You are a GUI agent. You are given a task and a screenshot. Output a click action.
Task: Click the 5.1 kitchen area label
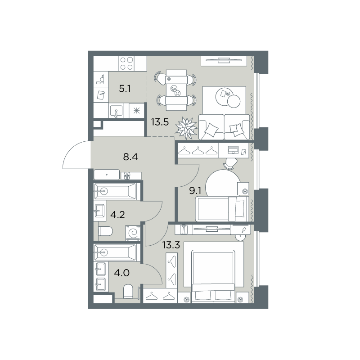125,88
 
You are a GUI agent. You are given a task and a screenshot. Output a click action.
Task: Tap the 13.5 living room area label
160,122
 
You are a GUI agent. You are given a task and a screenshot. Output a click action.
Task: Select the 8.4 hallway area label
130,157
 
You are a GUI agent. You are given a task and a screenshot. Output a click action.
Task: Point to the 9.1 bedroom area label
195,190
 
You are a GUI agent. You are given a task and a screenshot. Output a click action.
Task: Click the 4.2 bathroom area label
117,215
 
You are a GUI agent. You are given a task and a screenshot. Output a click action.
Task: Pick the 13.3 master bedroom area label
171,245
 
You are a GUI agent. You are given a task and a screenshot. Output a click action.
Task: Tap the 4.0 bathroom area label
122,273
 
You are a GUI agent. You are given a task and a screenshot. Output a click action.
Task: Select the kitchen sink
116,111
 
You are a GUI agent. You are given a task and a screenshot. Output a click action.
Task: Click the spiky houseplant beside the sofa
186,128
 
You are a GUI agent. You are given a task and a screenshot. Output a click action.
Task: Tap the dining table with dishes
176,90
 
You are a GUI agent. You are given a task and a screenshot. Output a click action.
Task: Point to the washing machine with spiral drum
133,233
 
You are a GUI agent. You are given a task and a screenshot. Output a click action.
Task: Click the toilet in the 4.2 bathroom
105,231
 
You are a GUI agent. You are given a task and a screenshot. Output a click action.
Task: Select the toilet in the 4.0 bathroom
128,292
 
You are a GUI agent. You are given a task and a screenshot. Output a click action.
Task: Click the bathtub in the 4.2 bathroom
116,191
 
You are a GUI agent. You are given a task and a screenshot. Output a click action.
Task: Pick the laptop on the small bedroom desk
233,150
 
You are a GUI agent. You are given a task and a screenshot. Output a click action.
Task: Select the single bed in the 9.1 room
222,209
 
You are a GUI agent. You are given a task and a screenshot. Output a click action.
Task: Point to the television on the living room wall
224,61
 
